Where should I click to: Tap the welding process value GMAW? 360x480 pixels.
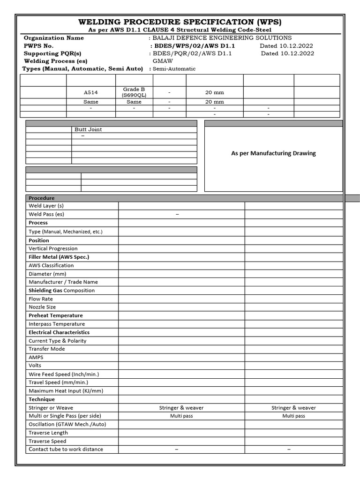tap(163, 61)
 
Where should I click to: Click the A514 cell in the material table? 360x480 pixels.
tap(91, 93)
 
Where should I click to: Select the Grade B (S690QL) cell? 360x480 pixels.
tap(134, 92)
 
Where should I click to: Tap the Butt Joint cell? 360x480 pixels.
tap(88, 129)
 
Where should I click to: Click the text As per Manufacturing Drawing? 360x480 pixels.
tap(273, 153)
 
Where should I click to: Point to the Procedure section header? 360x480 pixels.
tap(42, 198)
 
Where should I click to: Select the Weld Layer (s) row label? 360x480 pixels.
tap(46, 206)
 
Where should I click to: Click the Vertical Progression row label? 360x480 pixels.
tap(53, 248)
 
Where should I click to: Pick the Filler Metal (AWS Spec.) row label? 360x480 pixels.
tap(59, 257)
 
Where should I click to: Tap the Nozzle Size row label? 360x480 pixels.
tap(42, 307)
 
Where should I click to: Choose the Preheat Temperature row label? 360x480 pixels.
tap(55, 315)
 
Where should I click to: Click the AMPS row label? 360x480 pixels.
tap(36, 357)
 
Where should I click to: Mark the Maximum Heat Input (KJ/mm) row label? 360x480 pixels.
tap(66, 390)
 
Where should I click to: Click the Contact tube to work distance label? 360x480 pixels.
tap(66, 449)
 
